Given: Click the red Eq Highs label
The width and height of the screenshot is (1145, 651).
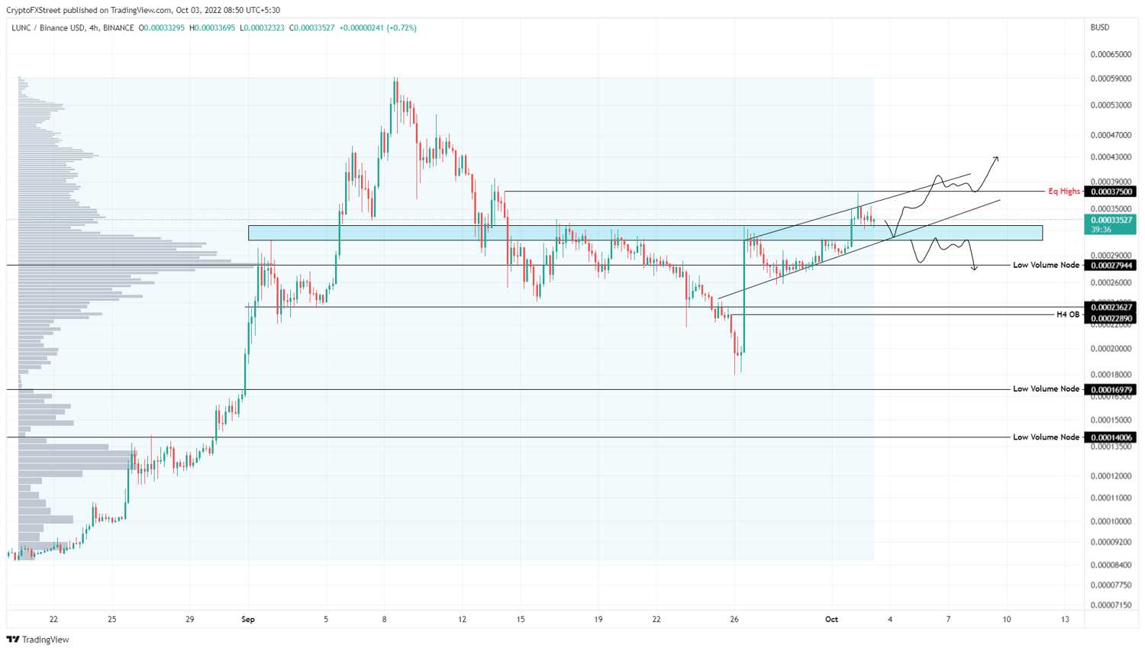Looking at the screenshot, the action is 1064,191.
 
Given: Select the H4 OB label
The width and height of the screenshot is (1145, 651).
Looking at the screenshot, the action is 1068,314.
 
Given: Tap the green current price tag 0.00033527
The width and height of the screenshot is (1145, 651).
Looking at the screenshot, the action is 1110,224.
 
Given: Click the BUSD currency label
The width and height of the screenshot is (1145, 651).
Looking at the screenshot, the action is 1100,27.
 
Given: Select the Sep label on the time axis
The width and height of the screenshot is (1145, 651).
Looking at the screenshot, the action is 248,619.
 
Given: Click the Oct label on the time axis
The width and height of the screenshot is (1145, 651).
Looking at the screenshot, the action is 832,619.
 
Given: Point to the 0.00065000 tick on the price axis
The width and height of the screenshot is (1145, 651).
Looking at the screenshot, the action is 1111,54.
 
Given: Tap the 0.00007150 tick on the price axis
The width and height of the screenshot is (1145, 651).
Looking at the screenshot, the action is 1111,605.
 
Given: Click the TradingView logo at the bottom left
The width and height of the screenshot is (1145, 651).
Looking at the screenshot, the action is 38,640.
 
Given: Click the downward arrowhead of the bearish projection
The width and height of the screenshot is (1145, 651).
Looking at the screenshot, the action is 975,269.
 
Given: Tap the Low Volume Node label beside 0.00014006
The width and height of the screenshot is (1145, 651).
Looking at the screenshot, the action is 1046,437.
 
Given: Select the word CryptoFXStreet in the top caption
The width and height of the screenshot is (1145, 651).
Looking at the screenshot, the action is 34,10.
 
